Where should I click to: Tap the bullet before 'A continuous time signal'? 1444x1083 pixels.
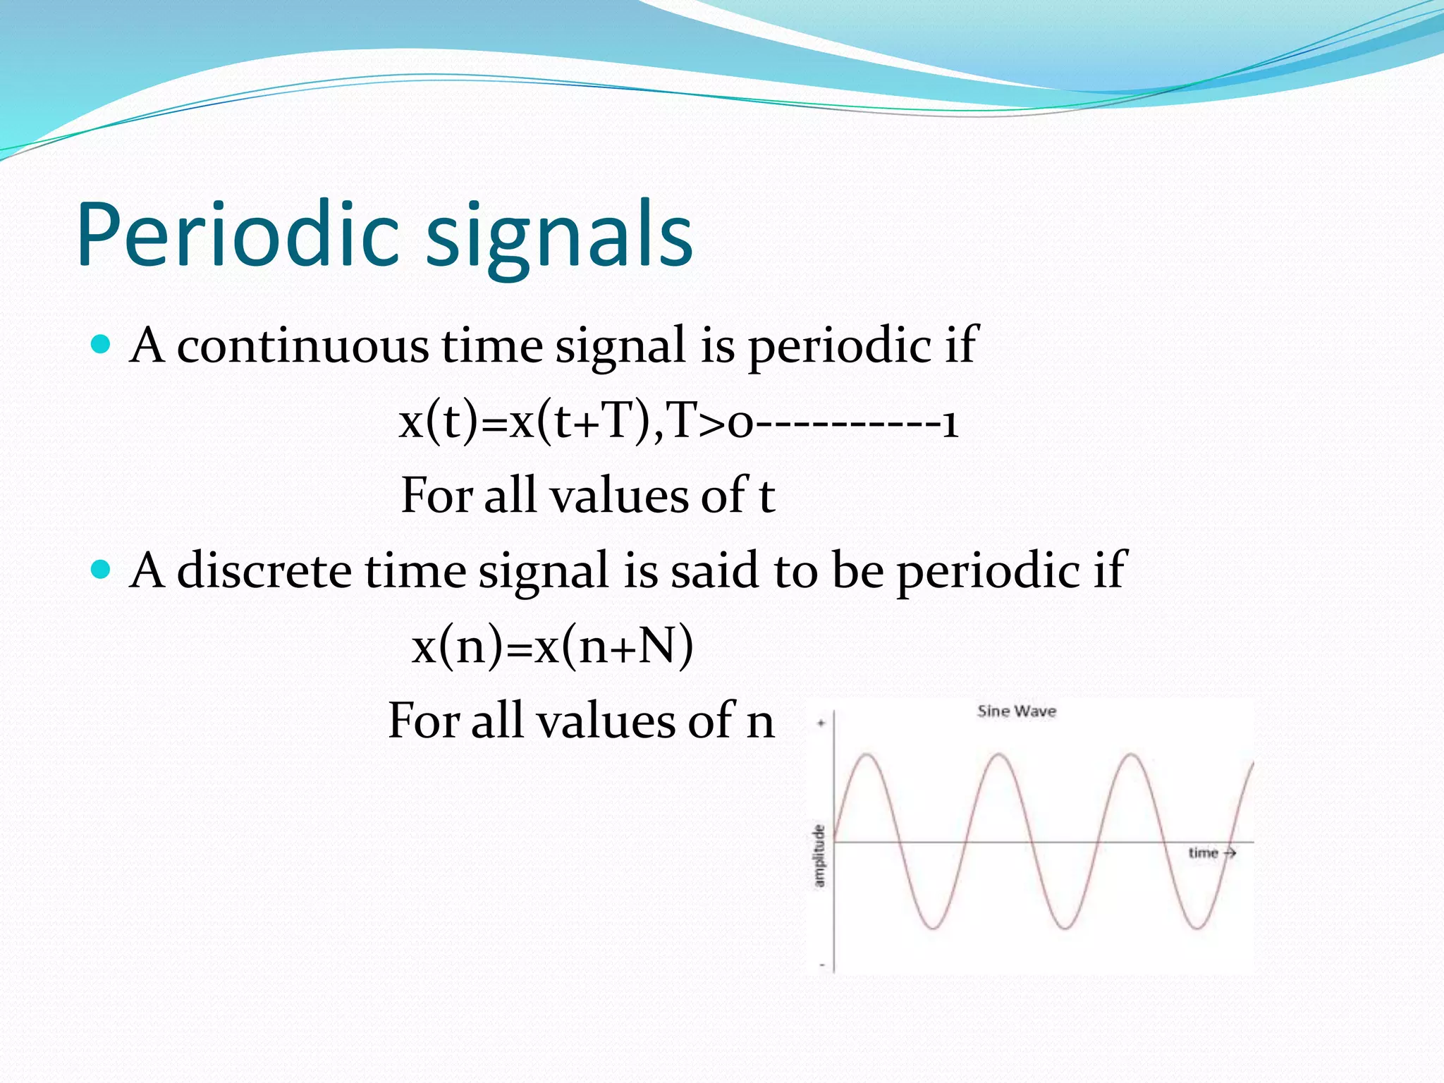(x=102, y=344)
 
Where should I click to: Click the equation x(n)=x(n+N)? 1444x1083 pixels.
(x=552, y=646)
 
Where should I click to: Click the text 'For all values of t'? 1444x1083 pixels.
(x=588, y=495)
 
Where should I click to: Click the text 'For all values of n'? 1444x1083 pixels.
(x=581, y=721)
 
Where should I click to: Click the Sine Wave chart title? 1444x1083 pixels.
(x=1016, y=711)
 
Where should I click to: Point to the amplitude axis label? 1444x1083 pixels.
(x=819, y=855)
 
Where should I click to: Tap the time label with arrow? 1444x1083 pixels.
(x=1211, y=853)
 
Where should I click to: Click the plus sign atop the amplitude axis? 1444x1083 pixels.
(x=821, y=723)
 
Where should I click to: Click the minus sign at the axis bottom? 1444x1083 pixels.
(x=822, y=965)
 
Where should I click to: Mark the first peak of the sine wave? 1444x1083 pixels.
(x=867, y=755)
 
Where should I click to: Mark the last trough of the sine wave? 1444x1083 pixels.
(x=1197, y=928)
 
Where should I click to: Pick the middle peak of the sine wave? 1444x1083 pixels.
(x=1000, y=755)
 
